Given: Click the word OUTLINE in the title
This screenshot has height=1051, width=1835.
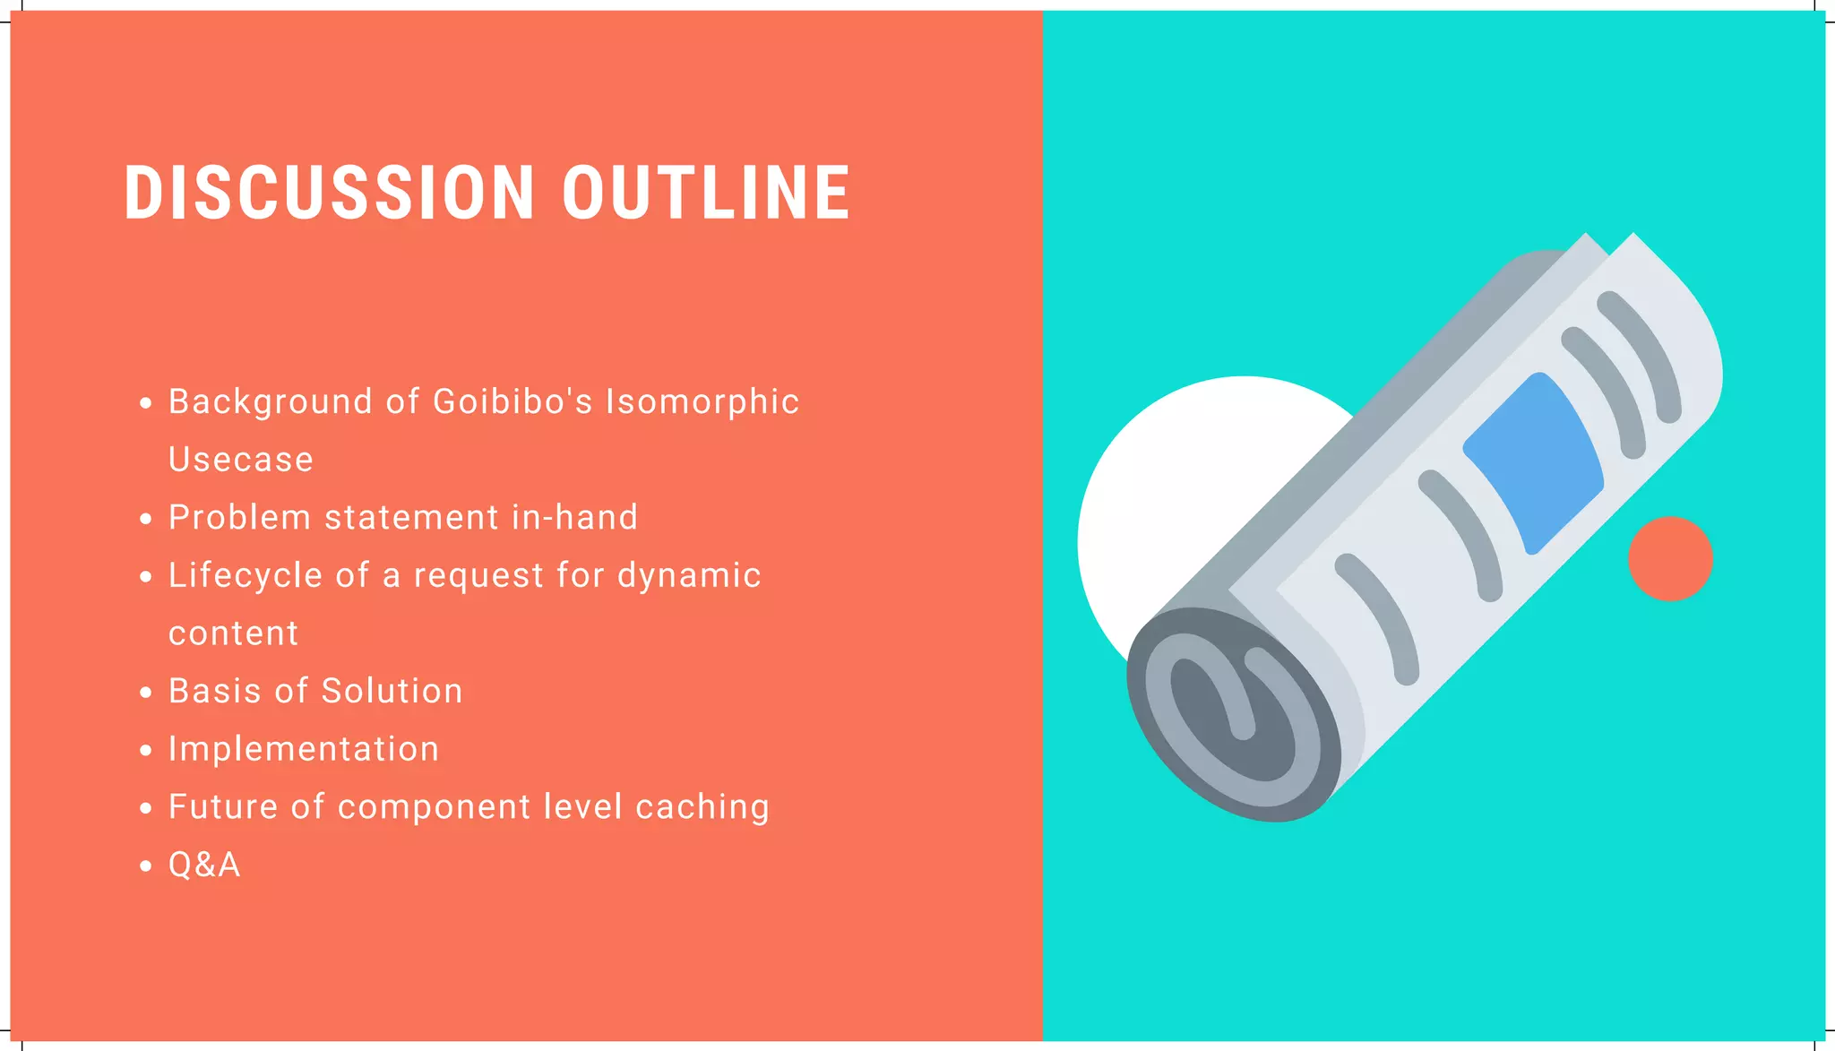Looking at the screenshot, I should click(706, 193).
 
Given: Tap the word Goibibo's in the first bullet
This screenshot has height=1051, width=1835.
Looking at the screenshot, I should click(513, 402).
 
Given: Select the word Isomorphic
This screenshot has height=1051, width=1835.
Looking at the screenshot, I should click(702, 402).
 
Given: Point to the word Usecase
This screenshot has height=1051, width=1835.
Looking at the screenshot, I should click(241, 460).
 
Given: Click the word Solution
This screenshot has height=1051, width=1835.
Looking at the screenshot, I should click(392, 691).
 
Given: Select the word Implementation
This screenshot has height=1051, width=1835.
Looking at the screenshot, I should click(304, 749).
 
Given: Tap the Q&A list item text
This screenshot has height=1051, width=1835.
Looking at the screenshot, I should click(204, 865).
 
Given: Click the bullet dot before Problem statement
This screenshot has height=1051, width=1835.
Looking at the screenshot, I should click(146, 520).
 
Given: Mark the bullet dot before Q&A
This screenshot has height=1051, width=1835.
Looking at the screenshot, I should click(146, 866).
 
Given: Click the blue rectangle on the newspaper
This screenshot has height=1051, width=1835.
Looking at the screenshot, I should click(1533, 462).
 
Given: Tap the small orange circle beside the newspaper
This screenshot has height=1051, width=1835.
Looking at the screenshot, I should click(1670, 558).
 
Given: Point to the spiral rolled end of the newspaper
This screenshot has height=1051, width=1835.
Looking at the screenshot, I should click(1233, 713).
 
